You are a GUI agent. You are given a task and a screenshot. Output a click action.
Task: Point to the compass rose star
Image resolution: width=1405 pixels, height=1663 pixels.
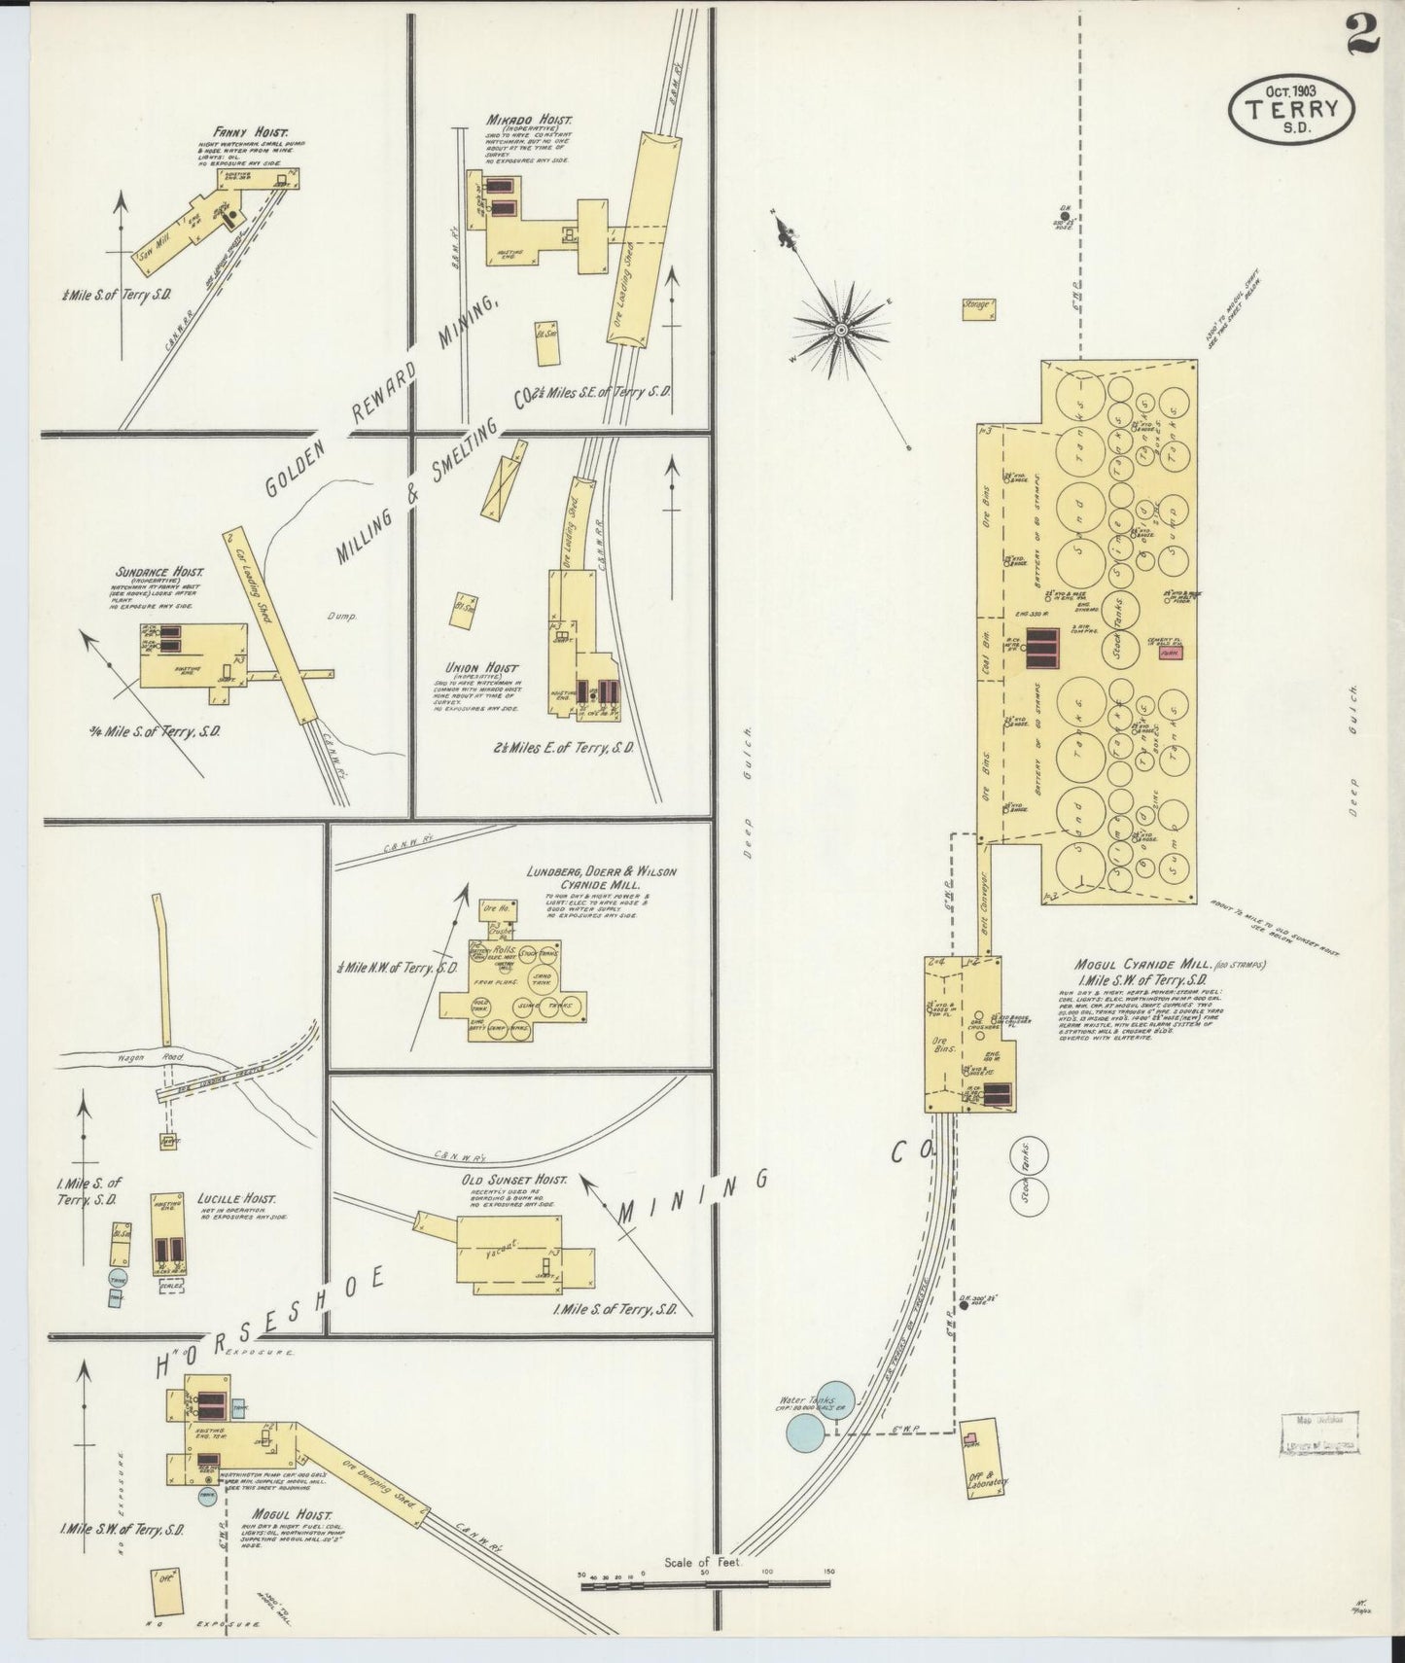[841, 331]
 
